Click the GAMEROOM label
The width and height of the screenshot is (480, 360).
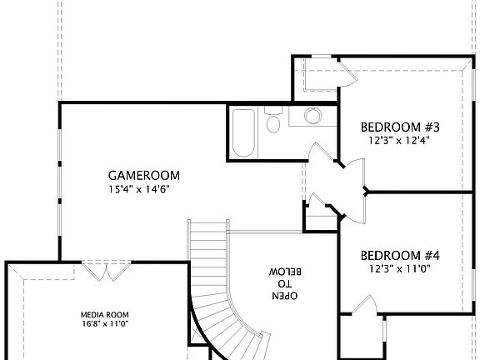pos(143,175)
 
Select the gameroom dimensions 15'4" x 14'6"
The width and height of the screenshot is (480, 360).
pos(143,189)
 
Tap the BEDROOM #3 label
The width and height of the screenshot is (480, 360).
pos(400,127)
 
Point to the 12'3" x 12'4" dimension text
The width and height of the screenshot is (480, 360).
pos(400,141)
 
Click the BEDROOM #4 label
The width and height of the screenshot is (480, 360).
pos(400,255)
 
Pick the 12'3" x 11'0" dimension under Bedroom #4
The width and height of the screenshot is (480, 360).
pos(400,269)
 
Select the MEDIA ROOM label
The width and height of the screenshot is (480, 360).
pos(104,315)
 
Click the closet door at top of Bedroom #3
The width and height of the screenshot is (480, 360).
pos(346,72)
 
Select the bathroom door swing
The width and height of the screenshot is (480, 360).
pos(318,155)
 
